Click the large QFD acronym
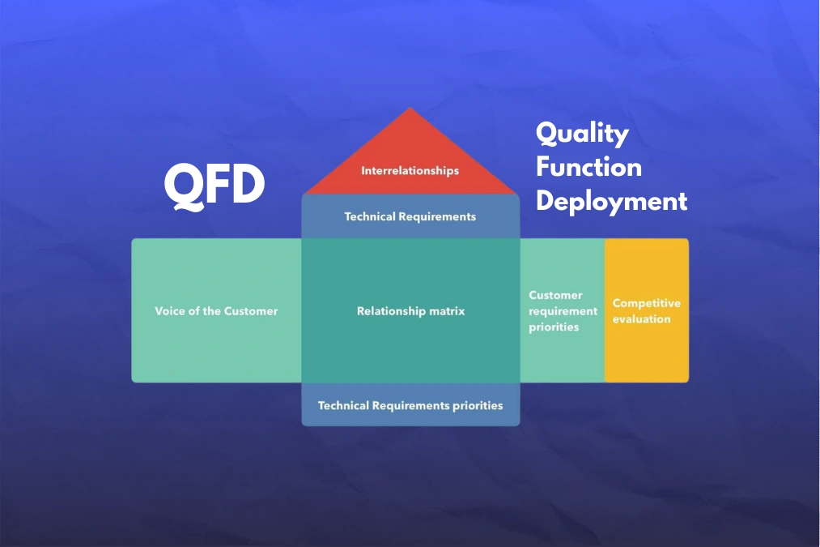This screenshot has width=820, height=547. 215,186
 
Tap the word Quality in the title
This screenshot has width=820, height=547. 582,134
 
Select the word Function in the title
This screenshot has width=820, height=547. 588,167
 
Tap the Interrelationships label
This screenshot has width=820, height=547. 410,171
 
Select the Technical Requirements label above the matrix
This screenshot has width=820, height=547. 410,216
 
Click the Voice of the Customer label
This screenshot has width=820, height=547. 216,311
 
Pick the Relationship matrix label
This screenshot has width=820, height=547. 410,311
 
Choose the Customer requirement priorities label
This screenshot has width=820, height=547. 563,311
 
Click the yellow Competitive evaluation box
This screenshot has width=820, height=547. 647,310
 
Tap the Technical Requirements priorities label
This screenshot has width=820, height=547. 410,406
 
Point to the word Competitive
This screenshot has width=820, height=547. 647,303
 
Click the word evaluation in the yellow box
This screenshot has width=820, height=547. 642,318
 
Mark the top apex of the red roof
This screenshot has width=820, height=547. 410,108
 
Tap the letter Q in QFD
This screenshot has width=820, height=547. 184,187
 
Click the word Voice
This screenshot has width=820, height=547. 170,311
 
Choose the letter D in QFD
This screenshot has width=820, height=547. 248,186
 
